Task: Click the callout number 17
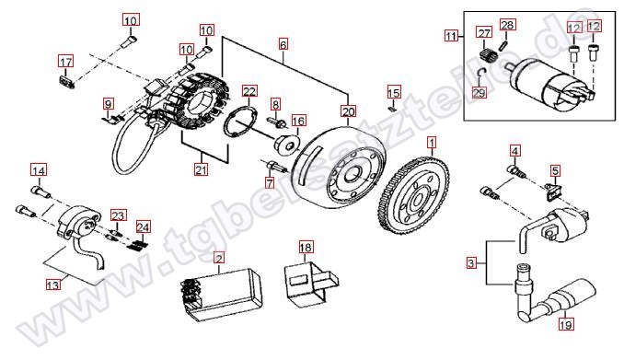[x=66, y=62]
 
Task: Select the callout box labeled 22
[x=249, y=91]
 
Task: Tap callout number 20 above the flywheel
[x=348, y=111]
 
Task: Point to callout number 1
[x=432, y=142]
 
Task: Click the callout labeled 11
[x=451, y=36]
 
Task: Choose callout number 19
[x=565, y=325]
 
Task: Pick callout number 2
[x=219, y=259]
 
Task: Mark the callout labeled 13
[x=53, y=285]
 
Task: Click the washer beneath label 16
[x=287, y=145]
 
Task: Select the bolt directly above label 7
[x=274, y=166]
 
